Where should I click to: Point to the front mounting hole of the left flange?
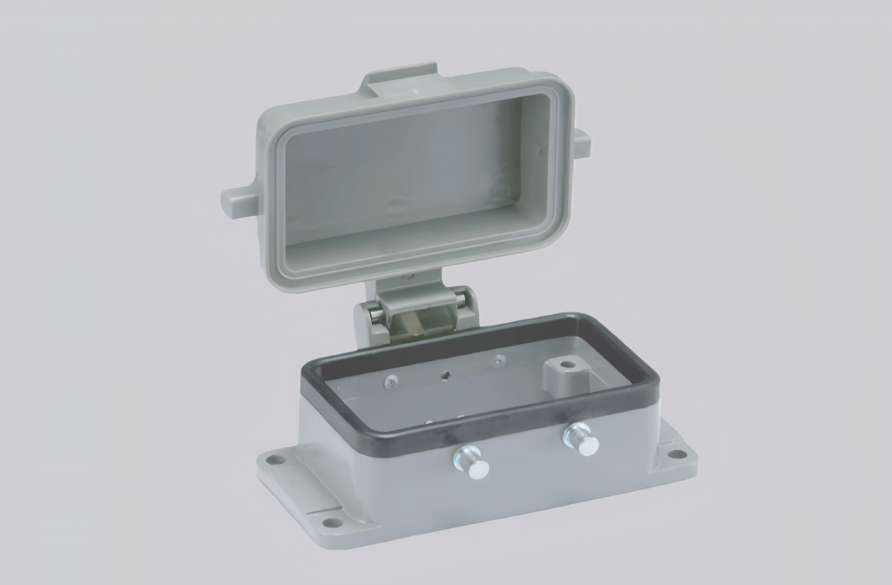(333, 524)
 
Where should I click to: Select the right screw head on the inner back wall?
(498, 360)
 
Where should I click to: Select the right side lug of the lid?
(579, 141)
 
